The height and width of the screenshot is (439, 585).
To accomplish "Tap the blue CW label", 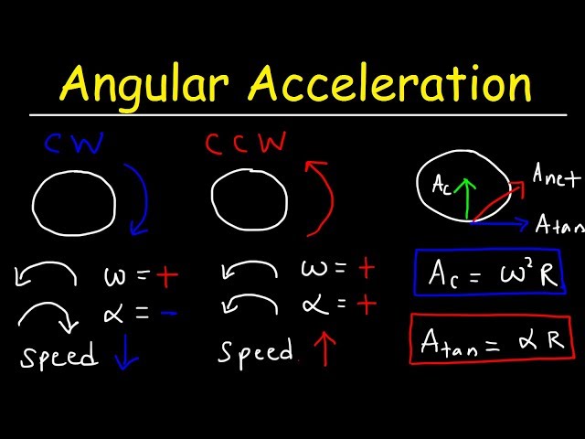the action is coord(74,144).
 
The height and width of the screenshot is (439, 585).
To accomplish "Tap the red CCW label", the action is coord(245,144).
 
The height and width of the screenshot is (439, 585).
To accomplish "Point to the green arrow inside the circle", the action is coord(469,196).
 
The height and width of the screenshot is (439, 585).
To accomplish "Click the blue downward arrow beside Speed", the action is coord(125,355).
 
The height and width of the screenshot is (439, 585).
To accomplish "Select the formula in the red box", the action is coord(492,340).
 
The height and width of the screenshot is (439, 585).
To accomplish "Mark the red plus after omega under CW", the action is coord(166,275).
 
